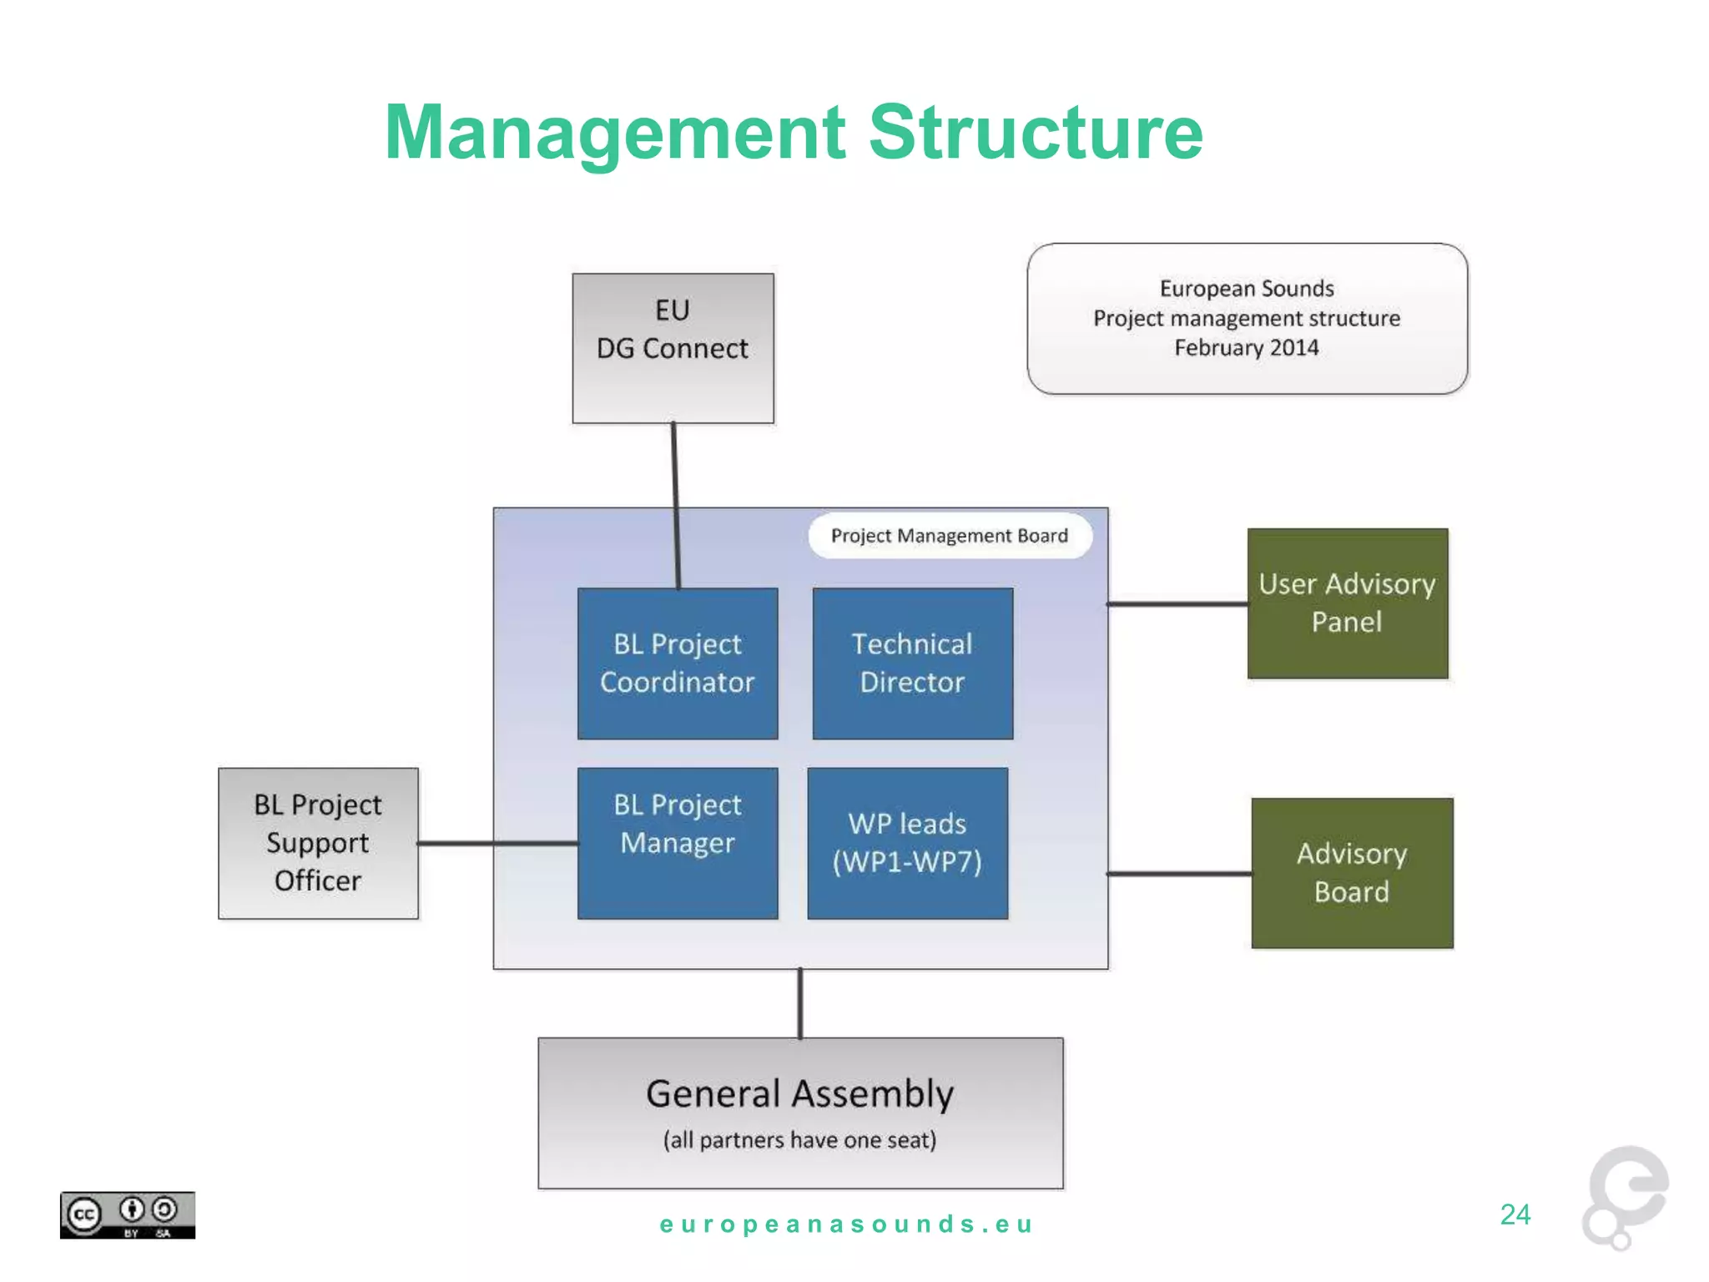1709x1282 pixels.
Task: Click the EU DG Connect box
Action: [x=673, y=348]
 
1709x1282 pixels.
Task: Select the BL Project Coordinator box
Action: [x=678, y=664]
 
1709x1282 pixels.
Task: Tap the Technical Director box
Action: [x=912, y=664]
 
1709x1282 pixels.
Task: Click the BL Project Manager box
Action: [x=678, y=843]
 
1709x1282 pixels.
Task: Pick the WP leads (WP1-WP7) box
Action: [x=907, y=843]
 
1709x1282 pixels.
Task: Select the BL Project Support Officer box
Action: [x=318, y=843]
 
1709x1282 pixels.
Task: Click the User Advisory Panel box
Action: [x=1347, y=603]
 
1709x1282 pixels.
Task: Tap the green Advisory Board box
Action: [x=1352, y=873]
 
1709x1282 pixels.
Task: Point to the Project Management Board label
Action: [x=949, y=536]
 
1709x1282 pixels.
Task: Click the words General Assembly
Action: [x=799, y=1094]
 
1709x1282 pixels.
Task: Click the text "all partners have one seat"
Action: [x=799, y=1140]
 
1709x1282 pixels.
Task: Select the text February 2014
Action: [x=1246, y=348]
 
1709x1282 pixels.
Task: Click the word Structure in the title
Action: [x=1036, y=133]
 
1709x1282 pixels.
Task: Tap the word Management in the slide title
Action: [x=615, y=133]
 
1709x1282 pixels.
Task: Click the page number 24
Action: [x=1515, y=1214]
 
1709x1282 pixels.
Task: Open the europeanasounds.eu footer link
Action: [x=846, y=1224]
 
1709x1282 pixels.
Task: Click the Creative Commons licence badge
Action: [x=127, y=1215]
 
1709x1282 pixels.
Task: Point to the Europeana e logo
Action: [x=1625, y=1195]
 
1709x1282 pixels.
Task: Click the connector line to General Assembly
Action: [x=799, y=1003]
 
